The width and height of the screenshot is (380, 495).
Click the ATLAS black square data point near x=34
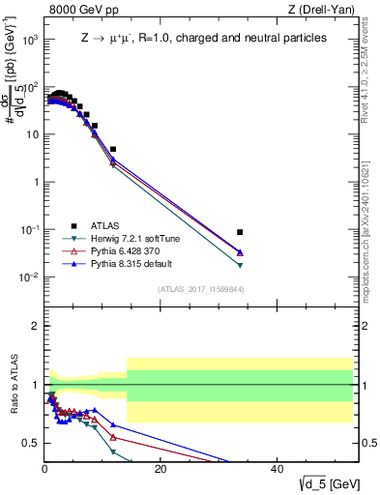click(x=240, y=232)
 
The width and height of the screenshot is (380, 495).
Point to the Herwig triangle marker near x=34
click(x=240, y=265)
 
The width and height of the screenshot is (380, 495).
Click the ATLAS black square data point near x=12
click(x=113, y=150)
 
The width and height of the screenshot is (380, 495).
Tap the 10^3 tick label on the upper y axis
click(x=29, y=41)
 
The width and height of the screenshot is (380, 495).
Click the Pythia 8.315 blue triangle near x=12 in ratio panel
click(x=113, y=424)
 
